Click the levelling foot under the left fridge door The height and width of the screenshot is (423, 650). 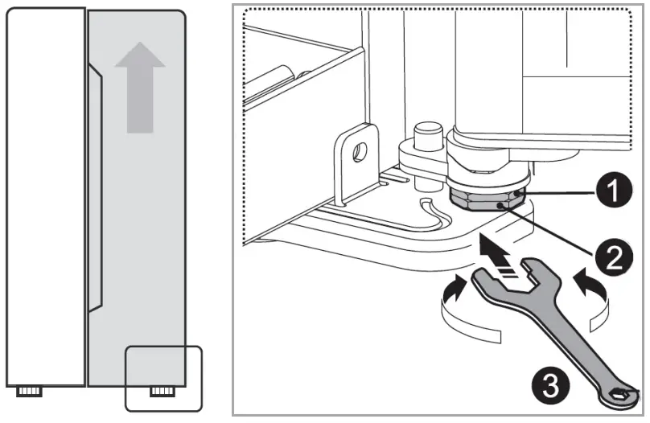point(29,391)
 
